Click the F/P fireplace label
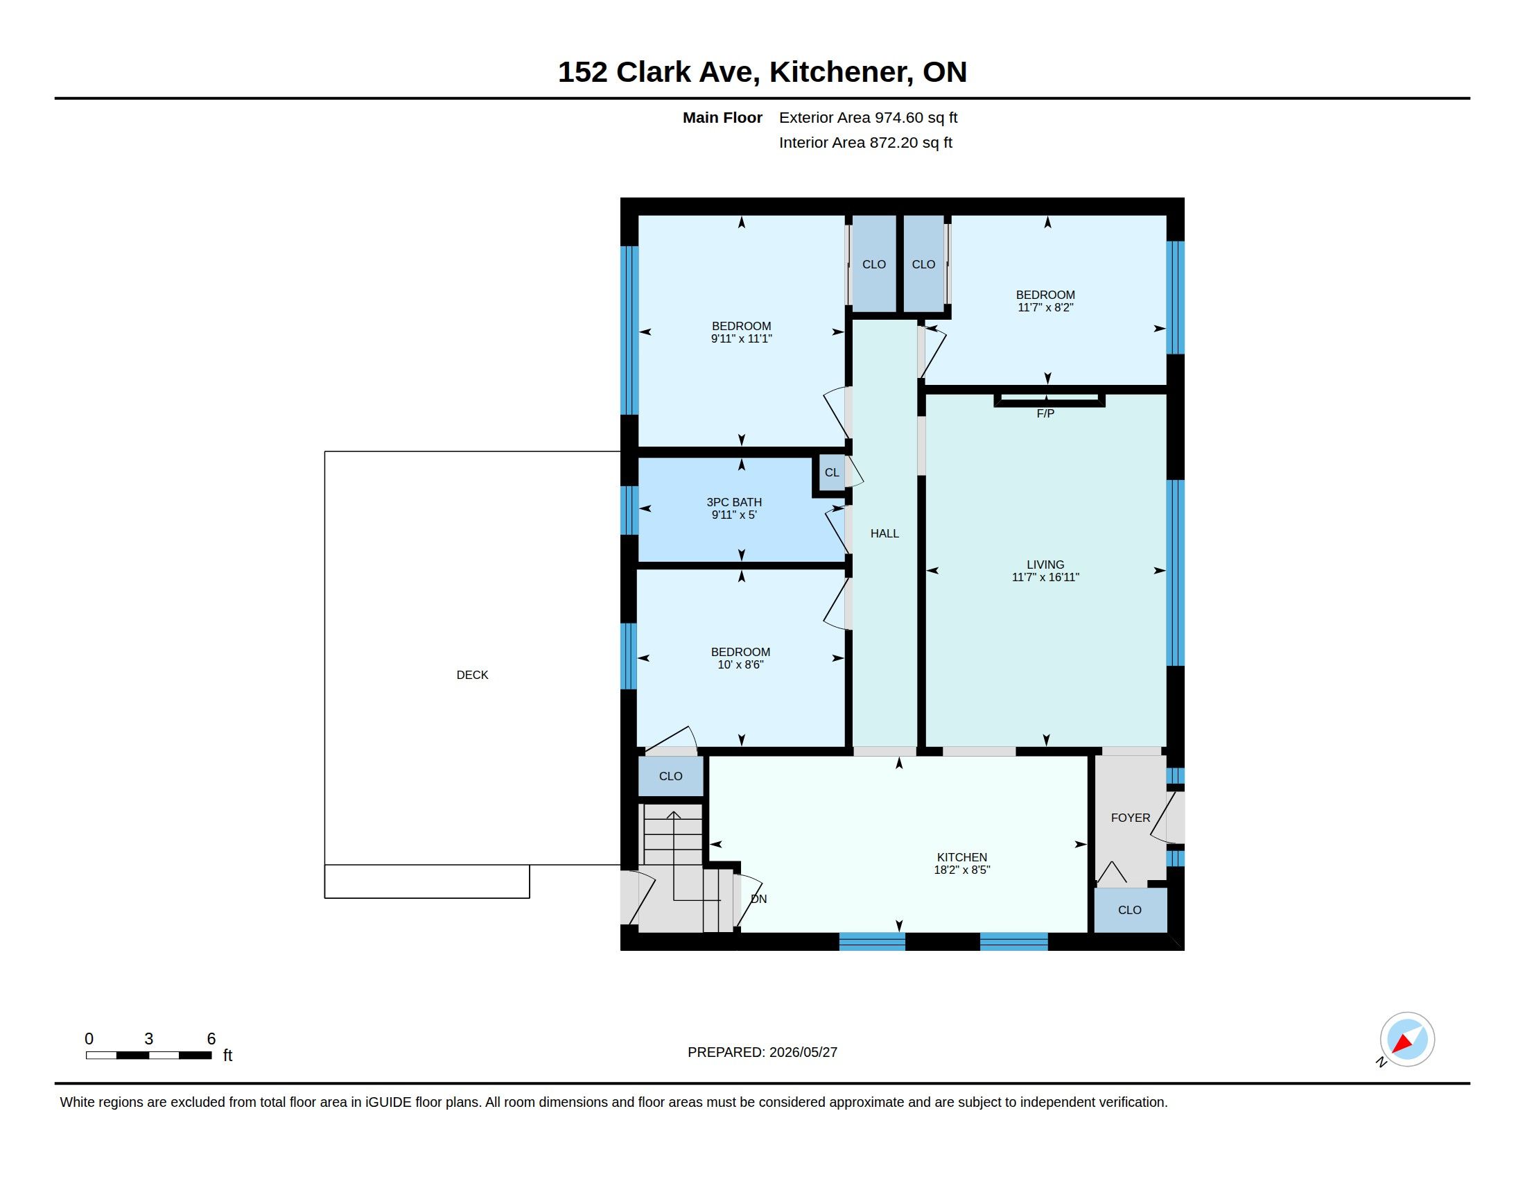point(1045,413)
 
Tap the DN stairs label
point(759,899)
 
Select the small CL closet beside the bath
point(832,473)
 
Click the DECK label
point(472,675)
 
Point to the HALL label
point(885,533)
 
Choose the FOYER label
point(1131,818)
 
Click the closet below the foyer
point(1130,910)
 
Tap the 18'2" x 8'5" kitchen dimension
point(962,870)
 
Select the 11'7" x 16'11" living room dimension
point(1045,578)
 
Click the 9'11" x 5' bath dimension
point(734,515)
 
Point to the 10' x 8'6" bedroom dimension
point(740,665)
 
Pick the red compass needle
point(1402,1044)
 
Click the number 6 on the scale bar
point(211,1039)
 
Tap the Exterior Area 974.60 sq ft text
point(868,118)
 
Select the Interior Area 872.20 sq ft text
point(865,142)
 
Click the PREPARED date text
point(762,1052)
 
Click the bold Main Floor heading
point(722,118)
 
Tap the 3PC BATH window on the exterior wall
point(629,510)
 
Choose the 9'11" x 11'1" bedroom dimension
point(741,338)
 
